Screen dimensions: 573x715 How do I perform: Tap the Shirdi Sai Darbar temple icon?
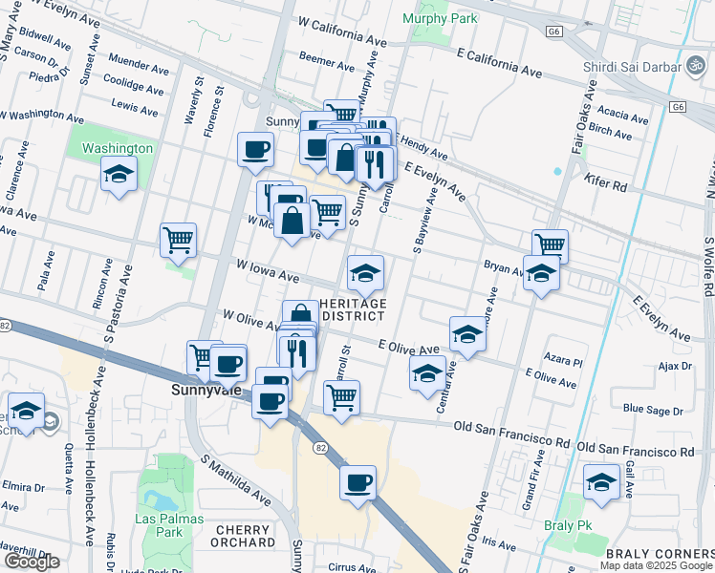click(693, 67)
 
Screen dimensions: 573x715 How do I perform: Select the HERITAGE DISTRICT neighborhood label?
click(354, 309)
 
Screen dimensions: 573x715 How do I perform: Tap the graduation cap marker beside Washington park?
click(119, 175)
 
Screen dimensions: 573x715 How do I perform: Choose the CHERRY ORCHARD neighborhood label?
click(246, 536)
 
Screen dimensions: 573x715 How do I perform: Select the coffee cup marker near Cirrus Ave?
click(357, 483)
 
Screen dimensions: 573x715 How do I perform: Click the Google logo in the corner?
click(32, 562)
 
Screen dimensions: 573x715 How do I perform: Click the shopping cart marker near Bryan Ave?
click(550, 246)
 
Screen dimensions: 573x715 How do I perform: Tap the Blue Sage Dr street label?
click(653, 410)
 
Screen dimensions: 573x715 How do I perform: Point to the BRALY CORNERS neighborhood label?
click(660, 554)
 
